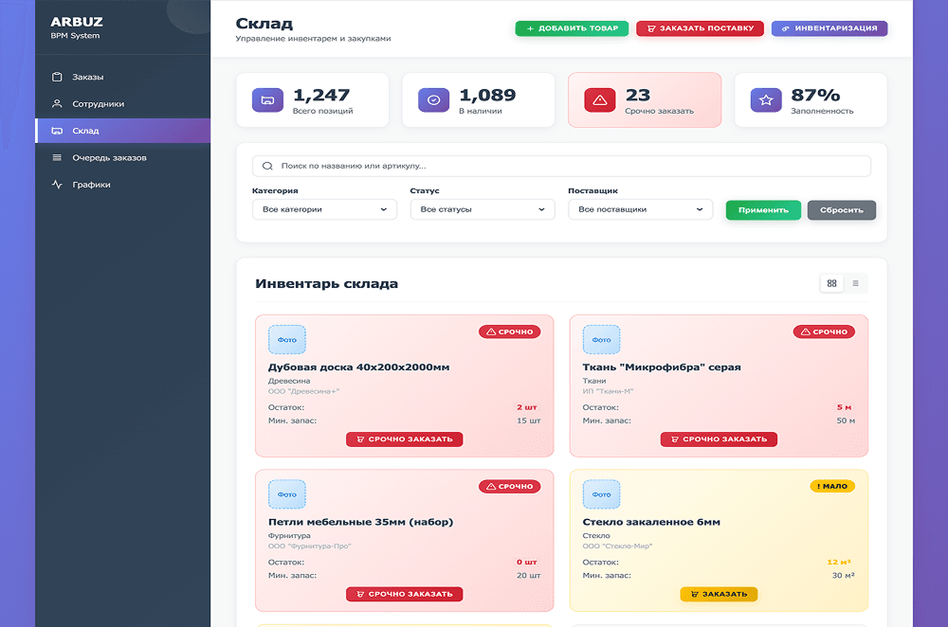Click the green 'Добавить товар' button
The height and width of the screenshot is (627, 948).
click(x=572, y=28)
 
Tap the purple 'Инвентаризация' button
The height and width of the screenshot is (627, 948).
click(x=829, y=28)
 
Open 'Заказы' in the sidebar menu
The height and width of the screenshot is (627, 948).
click(x=87, y=77)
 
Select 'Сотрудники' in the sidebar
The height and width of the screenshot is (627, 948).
click(x=98, y=104)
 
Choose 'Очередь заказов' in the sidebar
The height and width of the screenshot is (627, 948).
click(x=109, y=157)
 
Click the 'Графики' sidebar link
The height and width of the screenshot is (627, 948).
click(x=91, y=185)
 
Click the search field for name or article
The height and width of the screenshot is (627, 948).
click(x=561, y=166)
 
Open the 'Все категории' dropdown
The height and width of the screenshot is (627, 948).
click(x=324, y=209)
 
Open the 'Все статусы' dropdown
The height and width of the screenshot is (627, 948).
click(x=482, y=209)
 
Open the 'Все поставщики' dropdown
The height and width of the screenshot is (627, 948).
click(x=640, y=209)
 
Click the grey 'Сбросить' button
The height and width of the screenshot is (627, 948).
click(x=841, y=209)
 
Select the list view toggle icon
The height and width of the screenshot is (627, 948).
click(x=855, y=283)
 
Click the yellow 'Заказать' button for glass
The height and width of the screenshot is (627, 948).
click(x=718, y=594)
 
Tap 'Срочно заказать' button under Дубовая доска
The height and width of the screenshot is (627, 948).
click(x=404, y=439)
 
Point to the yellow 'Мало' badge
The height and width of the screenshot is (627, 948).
click(x=832, y=486)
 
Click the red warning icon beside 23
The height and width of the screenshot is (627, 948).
click(x=599, y=99)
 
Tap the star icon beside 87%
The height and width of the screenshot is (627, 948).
click(x=765, y=99)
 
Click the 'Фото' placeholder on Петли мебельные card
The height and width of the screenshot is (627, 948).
click(x=287, y=494)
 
